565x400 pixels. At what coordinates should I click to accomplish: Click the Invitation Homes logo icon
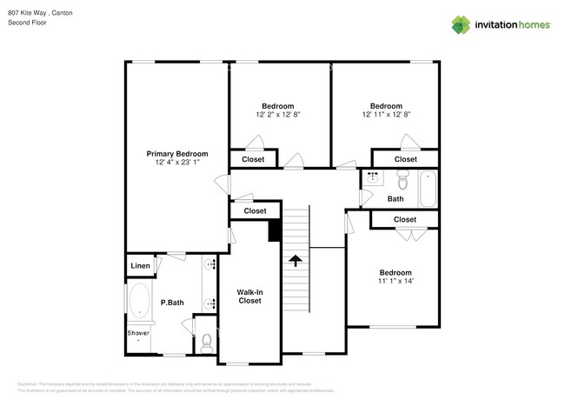(x=460, y=24)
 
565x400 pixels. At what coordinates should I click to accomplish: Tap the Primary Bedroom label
(x=176, y=154)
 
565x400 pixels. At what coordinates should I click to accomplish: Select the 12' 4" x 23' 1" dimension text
(x=176, y=163)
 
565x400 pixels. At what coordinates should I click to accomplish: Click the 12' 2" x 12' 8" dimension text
(x=278, y=114)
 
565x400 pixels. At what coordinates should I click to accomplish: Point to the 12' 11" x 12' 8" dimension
(x=385, y=114)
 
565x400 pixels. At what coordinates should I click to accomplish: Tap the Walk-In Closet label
(x=249, y=297)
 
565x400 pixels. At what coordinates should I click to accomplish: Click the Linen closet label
(x=140, y=265)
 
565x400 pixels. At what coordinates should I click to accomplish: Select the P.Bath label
(x=172, y=303)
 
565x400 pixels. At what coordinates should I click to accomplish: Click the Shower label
(x=138, y=333)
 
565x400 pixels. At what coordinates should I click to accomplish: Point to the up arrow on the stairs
(x=296, y=260)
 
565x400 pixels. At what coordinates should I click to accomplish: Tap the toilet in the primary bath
(x=206, y=342)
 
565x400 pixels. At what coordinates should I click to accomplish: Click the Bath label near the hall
(x=395, y=199)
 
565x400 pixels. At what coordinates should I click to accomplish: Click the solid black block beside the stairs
(x=275, y=230)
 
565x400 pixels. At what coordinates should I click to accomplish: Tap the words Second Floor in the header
(x=27, y=22)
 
